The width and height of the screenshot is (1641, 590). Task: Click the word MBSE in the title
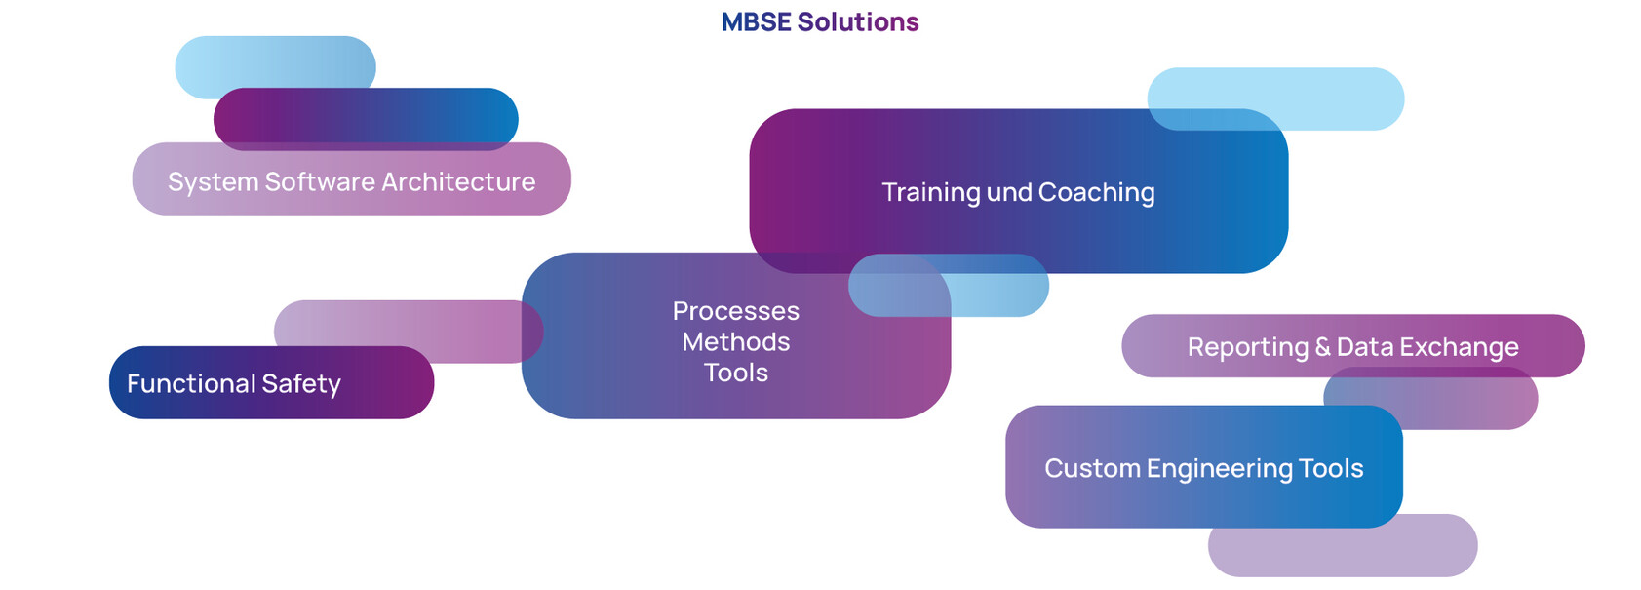coord(756,22)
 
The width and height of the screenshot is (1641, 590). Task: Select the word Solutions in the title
coord(858,22)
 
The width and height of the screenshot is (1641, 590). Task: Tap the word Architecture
coord(458,181)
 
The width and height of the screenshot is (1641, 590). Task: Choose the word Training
coord(931,193)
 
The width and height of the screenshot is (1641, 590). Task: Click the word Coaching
coord(1097,193)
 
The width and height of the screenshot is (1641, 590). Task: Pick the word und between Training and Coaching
coord(1009,192)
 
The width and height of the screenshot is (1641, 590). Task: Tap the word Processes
coord(736,311)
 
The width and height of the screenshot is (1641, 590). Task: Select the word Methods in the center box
coord(736,341)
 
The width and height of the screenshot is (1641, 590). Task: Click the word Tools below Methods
coord(736,373)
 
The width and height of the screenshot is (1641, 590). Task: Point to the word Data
coord(1365,346)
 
